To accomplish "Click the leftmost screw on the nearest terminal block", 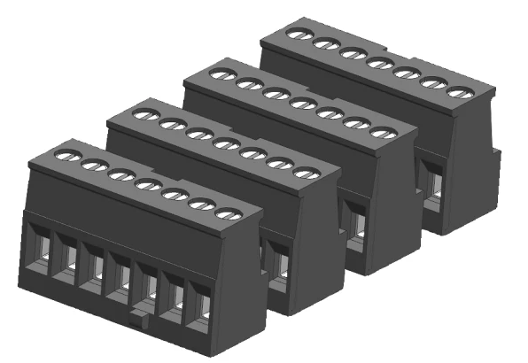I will point(65,156).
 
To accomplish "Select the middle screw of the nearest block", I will point(146,185).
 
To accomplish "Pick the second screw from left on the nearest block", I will point(92,166).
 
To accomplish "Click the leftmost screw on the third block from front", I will point(221,75).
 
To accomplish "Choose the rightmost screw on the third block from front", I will point(382,133).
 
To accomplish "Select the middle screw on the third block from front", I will point(301,104).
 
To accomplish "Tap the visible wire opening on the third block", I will point(354,221).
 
